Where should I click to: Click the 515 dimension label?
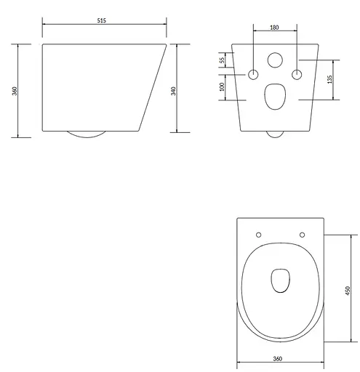(x=102, y=20)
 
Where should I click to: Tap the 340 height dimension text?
(x=173, y=91)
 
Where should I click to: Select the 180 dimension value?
(x=274, y=28)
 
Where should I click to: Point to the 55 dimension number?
(x=222, y=60)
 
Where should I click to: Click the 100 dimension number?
(x=222, y=86)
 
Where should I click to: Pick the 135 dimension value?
(x=329, y=79)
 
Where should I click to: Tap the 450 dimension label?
(x=348, y=291)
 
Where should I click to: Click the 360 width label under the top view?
(x=278, y=359)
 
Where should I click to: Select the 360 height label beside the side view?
(x=15, y=91)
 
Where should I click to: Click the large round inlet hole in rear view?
(x=275, y=60)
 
